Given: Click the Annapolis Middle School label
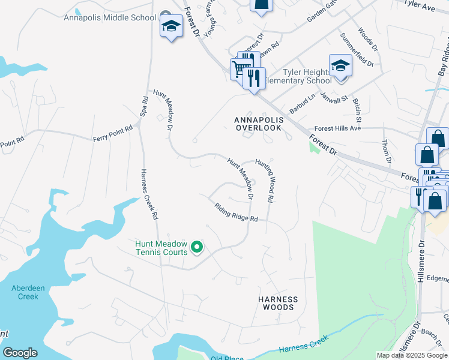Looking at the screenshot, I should click(x=110, y=17).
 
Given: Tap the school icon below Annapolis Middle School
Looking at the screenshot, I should click(x=171, y=26).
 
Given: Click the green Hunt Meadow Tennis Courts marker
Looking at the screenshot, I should click(x=196, y=247).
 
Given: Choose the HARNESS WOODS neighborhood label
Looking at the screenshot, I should click(x=277, y=303).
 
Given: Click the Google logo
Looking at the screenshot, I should click(x=20, y=353).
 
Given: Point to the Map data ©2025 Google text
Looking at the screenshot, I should click(x=411, y=356).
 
